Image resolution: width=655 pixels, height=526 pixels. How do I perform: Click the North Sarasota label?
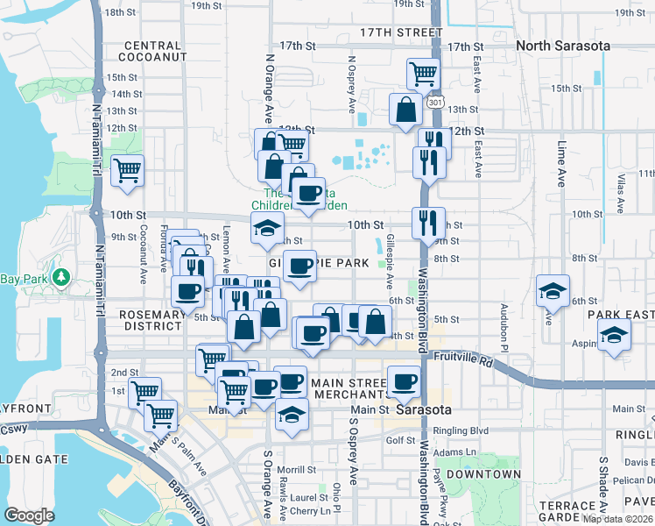[x=561, y=46]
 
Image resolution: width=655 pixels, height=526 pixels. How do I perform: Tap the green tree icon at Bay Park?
[x=60, y=278]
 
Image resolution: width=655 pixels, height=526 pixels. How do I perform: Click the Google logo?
[x=29, y=515]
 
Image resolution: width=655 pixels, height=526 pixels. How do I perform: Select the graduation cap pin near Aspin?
[x=614, y=334]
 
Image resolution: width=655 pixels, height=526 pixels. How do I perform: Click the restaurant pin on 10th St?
[x=428, y=223]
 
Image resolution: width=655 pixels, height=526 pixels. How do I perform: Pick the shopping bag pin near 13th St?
[x=406, y=110]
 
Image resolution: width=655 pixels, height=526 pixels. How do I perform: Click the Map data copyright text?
[x=618, y=519]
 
